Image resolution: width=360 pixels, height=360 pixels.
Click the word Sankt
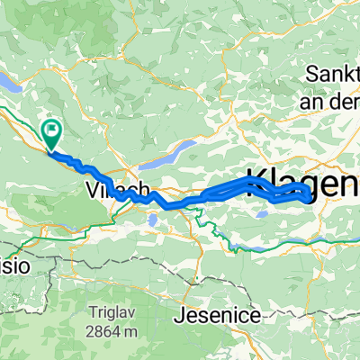(333, 72)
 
